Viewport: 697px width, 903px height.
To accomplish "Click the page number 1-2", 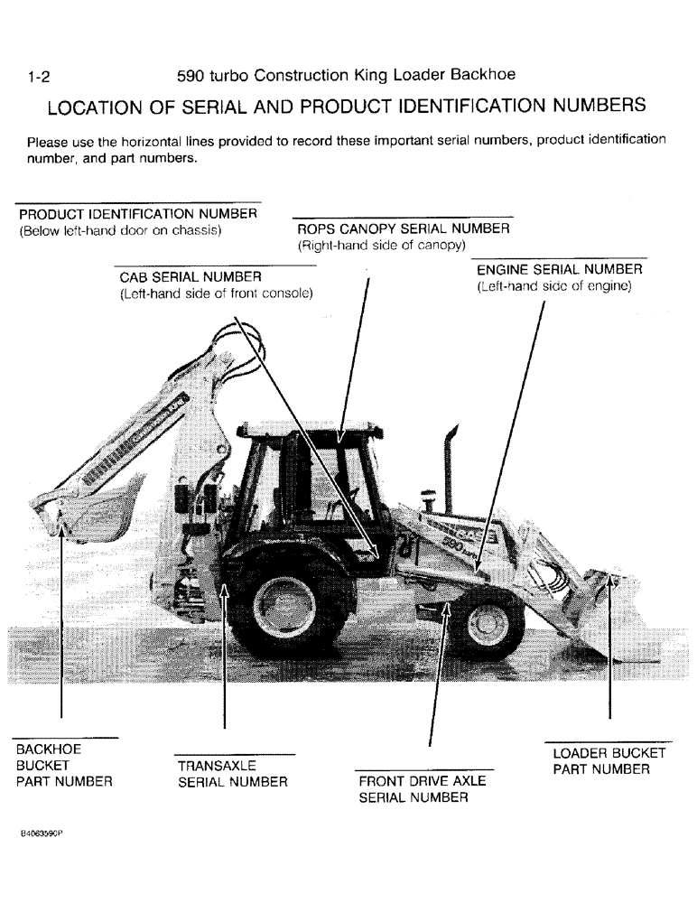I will [x=39, y=78].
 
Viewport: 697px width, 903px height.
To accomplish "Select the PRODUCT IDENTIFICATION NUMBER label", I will [x=138, y=214].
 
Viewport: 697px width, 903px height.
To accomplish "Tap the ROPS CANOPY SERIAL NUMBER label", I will [x=403, y=229].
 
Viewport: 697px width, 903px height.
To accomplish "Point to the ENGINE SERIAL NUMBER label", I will [x=559, y=270].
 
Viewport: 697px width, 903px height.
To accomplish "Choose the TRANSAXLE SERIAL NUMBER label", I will [x=232, y=775].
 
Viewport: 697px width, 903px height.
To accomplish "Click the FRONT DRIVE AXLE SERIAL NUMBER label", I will [x=422, y=789].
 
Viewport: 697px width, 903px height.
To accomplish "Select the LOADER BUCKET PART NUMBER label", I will [x=609, y=761].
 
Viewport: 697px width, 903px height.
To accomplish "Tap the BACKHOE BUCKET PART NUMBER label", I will [x=64, y=766].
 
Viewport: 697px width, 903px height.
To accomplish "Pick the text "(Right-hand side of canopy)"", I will [x=381, y=246].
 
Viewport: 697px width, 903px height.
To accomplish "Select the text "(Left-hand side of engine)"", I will [x=553, y=286].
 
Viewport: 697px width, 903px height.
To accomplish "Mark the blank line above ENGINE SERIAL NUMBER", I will [x=561, y=258].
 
